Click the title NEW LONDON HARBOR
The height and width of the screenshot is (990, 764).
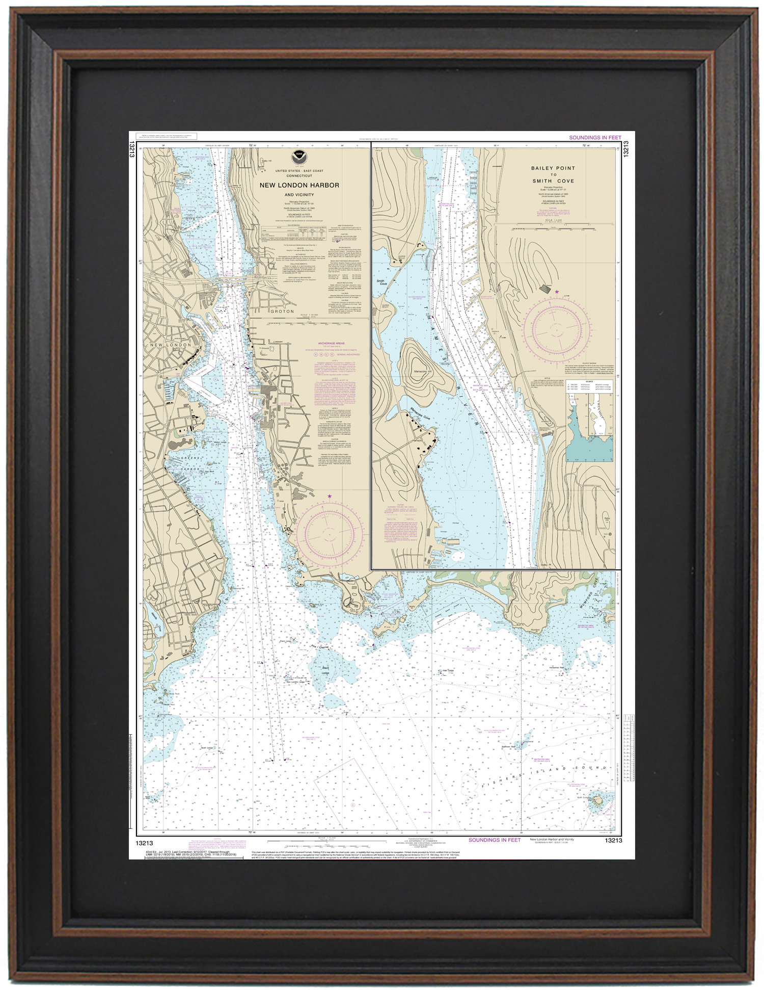(x=299, y=186)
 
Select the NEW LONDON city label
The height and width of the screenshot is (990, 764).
(x=170, y=345)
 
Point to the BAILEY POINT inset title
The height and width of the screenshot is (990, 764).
(x=553, y=168)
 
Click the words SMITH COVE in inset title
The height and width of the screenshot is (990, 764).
(x=553, y=181)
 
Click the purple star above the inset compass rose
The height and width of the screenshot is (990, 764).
(x=557, y=291)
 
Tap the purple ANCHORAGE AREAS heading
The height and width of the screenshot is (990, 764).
(x=331, y=343)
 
